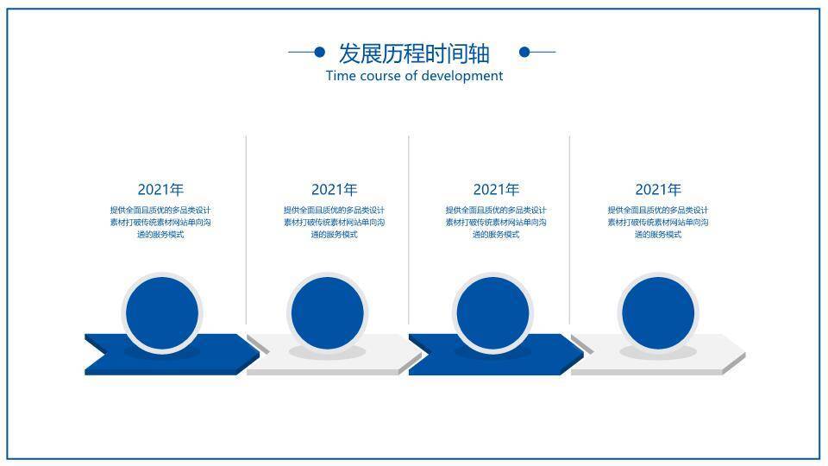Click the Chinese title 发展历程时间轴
(x=414, y=54)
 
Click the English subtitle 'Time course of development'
(x=415, y=76)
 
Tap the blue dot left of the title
(x=319, y=52)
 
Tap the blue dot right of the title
(x=524, y=52)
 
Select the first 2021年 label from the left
(x=160, y=189)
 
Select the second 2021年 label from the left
(x=335, y=189)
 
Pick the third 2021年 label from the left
(x=496, y=189)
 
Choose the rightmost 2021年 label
(x=658, y=189)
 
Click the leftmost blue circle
(x=162, y=312)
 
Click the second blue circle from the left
(x=328, y=312)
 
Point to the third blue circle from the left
(x=492, y=312)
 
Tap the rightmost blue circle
(x=658, y=312)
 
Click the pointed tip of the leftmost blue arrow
(x=260, y=353)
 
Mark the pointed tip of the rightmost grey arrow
(x=745, y=353)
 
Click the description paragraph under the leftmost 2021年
(x=160, y=223)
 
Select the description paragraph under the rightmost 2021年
(x=658, y=223)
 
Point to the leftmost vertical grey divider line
(x=246, y=230)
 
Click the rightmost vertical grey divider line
(x=570, y=230)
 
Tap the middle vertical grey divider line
(x=409, y=230)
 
